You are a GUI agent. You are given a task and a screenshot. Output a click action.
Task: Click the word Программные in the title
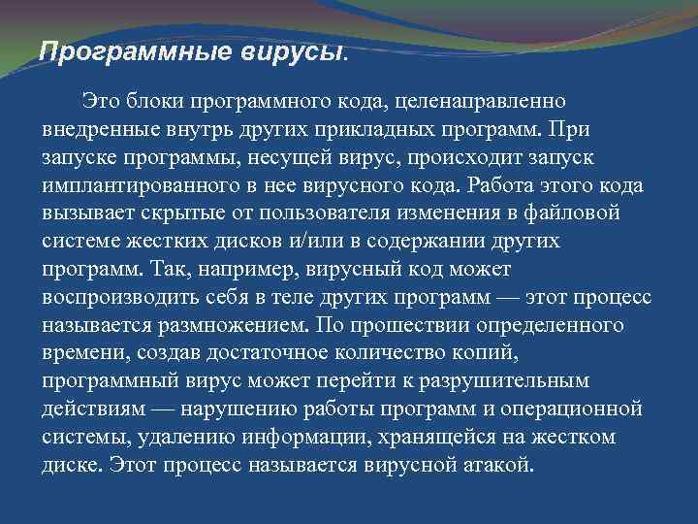pos(120,51)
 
